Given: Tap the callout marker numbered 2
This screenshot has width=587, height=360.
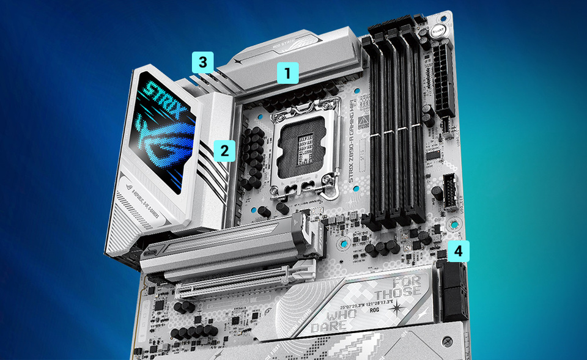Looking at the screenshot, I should pos(224,150).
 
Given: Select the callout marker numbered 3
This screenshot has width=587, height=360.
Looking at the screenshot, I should pos(202,61).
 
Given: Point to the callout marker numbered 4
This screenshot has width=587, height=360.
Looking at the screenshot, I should pos(458,251).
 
